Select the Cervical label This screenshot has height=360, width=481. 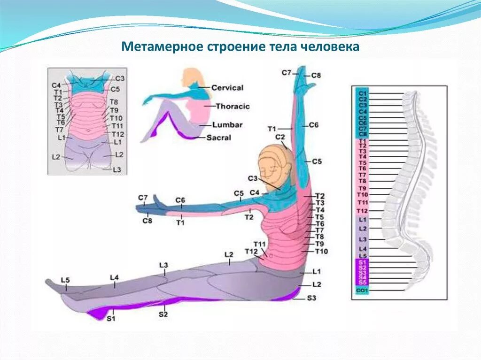click(x=227, y=88)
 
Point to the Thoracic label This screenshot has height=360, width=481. click(x=233, y=107)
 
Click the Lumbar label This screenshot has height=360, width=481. click(x=227, y=125)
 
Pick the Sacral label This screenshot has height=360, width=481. click(x=219, y=138)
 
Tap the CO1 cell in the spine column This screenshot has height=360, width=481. click(x=362, y=291)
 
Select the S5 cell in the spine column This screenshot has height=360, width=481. click(x=362, y=283)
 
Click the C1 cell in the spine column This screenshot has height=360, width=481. click(x=362, y=93)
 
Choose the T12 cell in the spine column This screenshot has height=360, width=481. click(x=362, y=211)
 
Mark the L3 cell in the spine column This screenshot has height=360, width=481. click(x=362, y=239)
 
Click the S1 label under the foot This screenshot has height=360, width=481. click(x=111, y=319)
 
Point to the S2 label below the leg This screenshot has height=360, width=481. click(x=163, y=314)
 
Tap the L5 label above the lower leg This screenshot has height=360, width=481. click(x=65, y=280)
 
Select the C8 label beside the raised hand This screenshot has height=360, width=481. click(x=316, y=76)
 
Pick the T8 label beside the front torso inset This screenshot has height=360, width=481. click(x=114, y=102)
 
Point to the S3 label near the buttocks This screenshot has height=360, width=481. click(x=312, y=298)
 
